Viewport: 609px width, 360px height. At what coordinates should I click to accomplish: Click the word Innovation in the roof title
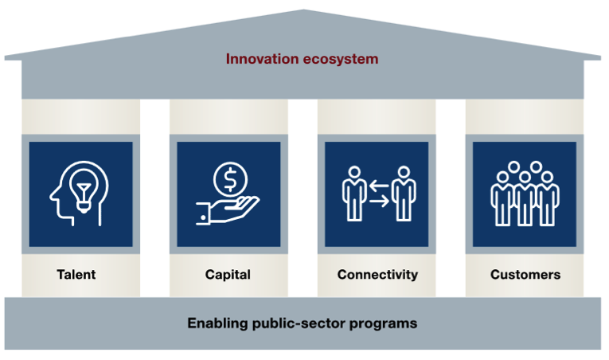262,59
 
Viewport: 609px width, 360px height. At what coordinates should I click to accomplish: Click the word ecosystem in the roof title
341,59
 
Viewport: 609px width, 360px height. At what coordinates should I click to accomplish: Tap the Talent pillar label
76,275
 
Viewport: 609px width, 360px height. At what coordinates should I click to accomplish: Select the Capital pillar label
228,275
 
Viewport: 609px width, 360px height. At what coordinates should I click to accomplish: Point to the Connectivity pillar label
377,275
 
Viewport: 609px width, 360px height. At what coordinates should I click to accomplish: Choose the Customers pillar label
525,275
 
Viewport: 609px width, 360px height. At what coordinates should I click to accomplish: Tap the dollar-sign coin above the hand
230,179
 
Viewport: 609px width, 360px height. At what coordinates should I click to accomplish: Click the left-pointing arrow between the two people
379,186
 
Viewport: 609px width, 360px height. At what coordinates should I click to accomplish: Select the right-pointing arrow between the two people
379,201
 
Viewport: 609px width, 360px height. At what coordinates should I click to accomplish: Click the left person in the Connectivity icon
354,194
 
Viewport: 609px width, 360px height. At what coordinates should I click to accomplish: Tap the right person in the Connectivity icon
404,194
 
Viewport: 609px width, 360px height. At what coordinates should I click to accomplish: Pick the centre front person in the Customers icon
525,198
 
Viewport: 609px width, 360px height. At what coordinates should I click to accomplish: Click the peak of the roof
303,10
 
